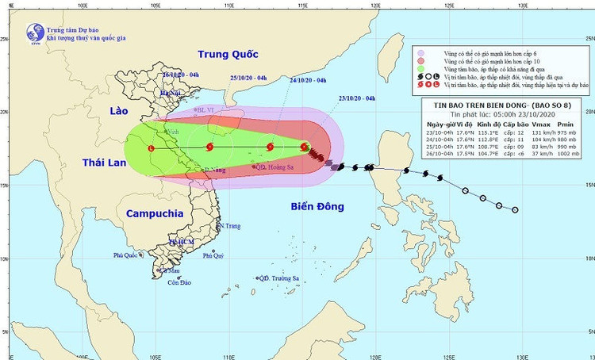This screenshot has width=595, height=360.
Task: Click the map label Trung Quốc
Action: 228,55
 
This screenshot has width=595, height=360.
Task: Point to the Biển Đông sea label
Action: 317,206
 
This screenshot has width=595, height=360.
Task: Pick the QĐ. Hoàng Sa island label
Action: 273,167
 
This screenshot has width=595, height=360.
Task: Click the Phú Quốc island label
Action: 126,255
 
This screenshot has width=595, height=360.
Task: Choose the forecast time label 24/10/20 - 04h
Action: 309,80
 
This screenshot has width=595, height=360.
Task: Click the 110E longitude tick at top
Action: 228,6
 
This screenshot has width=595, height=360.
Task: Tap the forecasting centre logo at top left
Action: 35,33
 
